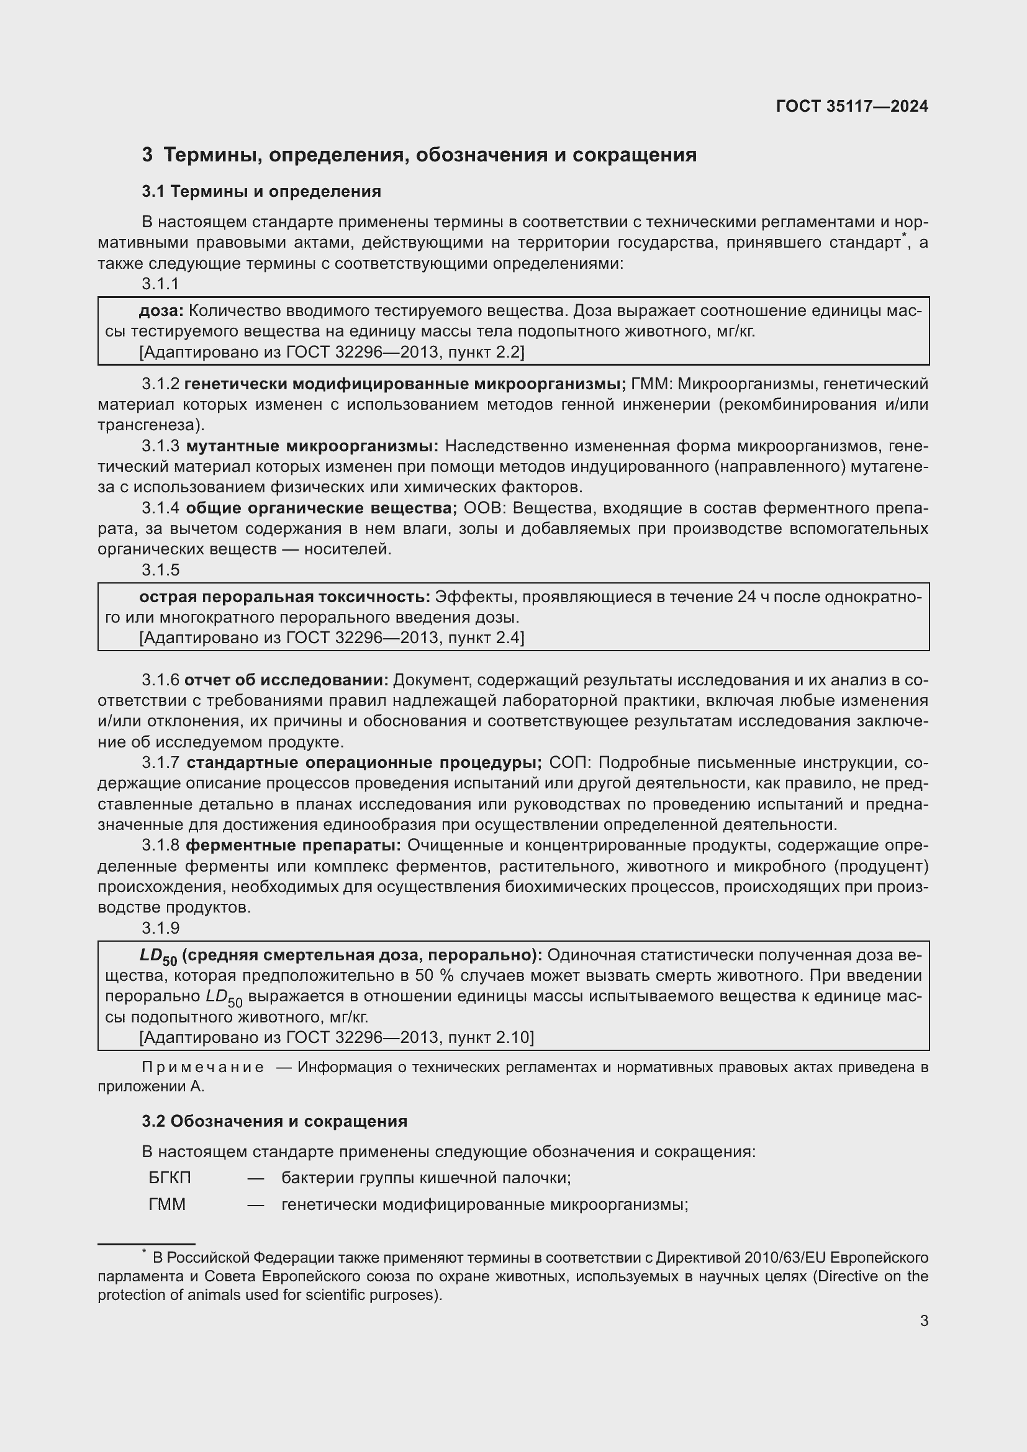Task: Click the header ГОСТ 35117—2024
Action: coord(851,106)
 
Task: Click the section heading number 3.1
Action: coord(153,192)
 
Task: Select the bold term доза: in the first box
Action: coord(161,310)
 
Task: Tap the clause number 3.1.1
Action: coord(160,284)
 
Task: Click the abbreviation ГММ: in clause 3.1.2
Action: coord(651,384)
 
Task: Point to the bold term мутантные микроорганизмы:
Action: coord(312,446)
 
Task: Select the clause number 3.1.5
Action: coord(161,570)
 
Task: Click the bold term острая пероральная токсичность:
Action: coord(284,597)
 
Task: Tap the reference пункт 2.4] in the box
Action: coord(486,638)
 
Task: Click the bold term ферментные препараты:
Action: coord(294,845)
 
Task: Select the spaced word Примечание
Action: coord(202,1068)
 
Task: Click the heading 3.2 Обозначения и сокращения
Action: coord(274,1121)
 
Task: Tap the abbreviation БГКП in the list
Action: coord(170,1178)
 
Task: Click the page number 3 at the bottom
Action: coord(924,1321)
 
